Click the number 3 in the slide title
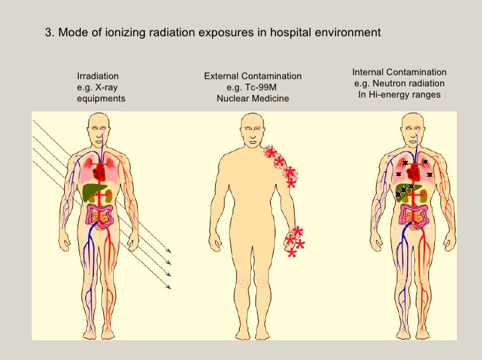coord(48,32)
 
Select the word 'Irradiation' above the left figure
coord(98,77)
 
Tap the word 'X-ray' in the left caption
coord(107,87)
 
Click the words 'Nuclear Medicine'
coord(253,98)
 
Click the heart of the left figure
coord(99,173)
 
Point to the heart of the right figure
coord(414,173)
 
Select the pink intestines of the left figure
coord(101,214)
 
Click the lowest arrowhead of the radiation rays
coord(169,287)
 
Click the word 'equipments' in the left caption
coord(101,98)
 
